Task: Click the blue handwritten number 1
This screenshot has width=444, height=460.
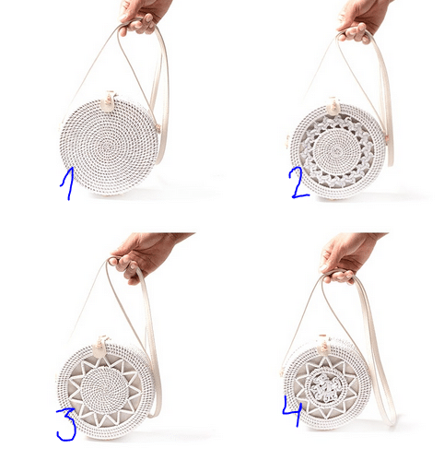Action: [68, 183]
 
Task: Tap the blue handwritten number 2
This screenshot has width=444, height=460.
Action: [298, 184]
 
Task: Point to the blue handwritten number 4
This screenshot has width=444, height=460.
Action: [293, 411]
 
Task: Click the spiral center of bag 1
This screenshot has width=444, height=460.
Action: [107, 147]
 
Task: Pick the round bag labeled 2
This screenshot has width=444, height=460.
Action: [336, 151]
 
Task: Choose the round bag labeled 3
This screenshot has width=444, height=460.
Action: [105, 390]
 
